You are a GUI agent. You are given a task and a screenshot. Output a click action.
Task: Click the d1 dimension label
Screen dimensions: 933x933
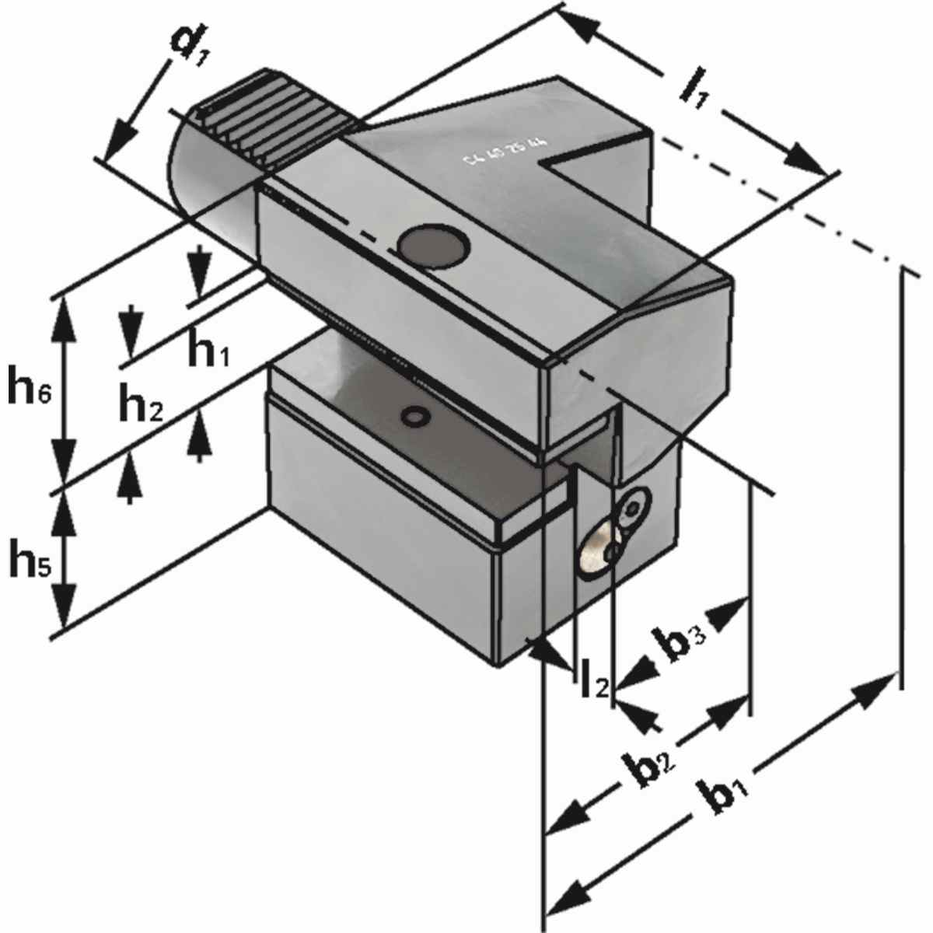(x=190, y=47)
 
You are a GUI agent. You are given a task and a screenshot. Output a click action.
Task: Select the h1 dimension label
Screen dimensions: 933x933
(x=208, y=352)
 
